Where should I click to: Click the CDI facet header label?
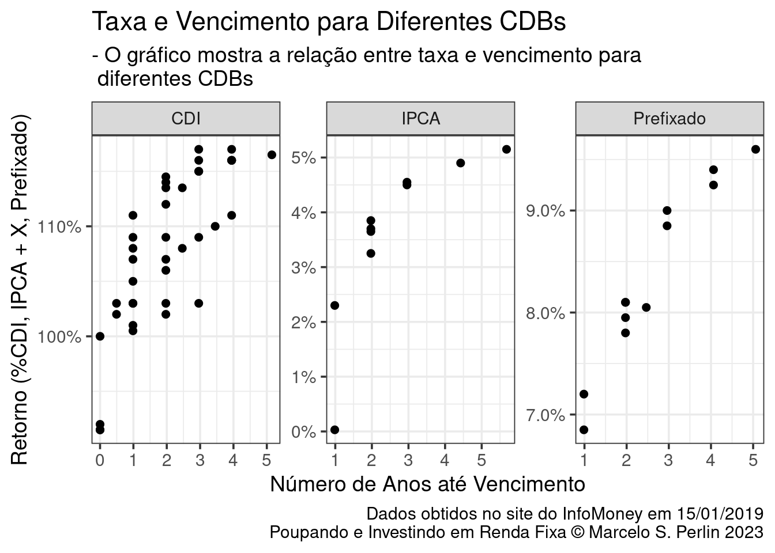pos(186,119)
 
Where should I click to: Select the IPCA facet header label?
pos(420,119)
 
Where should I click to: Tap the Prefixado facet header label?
pos(669,119)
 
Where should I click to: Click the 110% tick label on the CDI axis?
pos(59,226)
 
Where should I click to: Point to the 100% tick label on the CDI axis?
pos(59,336)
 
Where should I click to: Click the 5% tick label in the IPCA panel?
pos(303,158)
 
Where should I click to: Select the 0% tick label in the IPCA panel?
pos(303,432)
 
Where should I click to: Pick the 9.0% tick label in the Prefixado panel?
pos(545,211)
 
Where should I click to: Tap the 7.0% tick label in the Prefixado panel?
pos(545,415)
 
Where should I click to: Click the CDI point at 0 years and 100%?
pos(100,336)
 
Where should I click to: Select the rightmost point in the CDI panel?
pos(272,155)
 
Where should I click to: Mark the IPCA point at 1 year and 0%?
pos(334,430)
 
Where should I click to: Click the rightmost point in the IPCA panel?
pos(506,149)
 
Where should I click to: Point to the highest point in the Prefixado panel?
pos(755,149)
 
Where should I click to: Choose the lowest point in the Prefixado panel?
pos(584,430)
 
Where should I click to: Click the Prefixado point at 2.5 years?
pos(646,307)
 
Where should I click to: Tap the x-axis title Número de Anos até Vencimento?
pos(427,484)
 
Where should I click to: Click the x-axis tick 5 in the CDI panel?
pos(266,461)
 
